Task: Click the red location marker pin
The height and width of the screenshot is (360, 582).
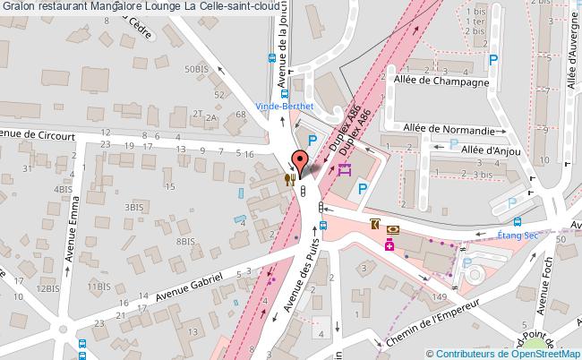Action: click(x=300, y=161)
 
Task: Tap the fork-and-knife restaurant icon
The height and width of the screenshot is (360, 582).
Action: click(x=289, y=177)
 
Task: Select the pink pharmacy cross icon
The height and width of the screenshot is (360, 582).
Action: click(x=390, y=244)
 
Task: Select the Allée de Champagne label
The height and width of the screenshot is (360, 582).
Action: click(x=441, y=81)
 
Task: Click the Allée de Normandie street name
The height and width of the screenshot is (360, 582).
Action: click(x=449, y=129)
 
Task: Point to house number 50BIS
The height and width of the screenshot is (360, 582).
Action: click(x=197, y=69)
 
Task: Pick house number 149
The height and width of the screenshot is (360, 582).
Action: click(x=439, y=297)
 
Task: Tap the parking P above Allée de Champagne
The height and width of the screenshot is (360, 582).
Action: click(x=492, y=60)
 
